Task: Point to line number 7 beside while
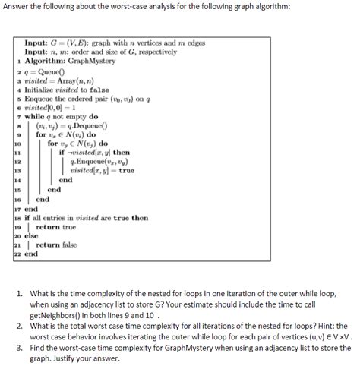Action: coord(17,117)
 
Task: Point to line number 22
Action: coord(17,254)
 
